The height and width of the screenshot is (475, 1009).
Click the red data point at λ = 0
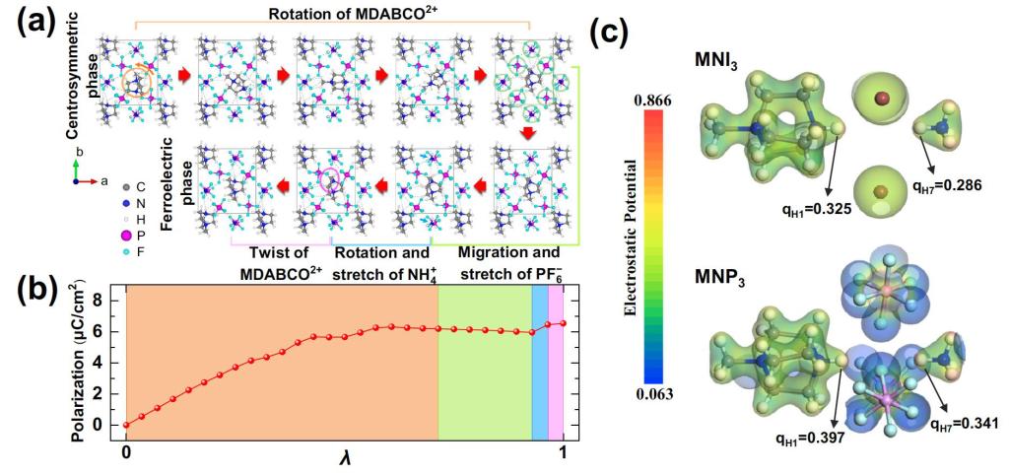click(x=126, y=425)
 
